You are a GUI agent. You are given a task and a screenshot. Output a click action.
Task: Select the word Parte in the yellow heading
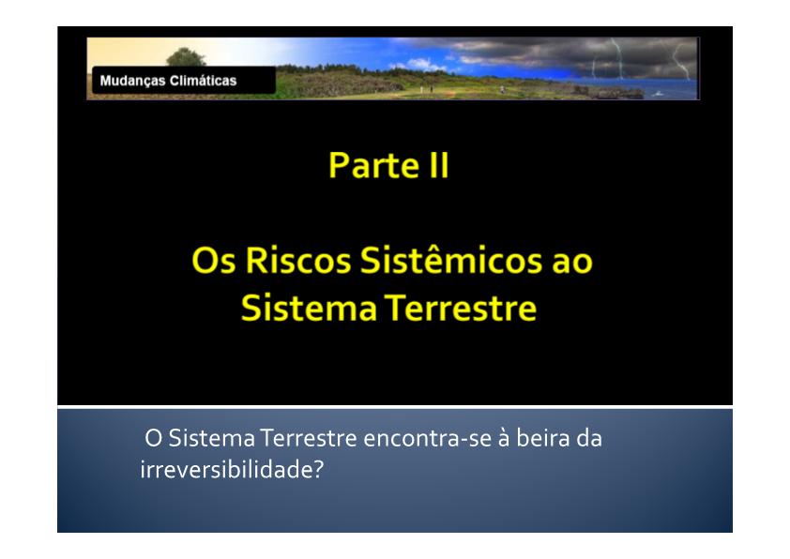(x=373, y=165)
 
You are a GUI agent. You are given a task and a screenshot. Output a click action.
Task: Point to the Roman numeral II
(x=439, y=165)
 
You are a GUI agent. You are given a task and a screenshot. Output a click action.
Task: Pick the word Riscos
(x=298, y=261)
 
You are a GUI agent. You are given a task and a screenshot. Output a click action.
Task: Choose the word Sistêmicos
(x=451, y=260)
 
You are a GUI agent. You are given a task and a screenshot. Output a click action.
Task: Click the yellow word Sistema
(x=309, y=308)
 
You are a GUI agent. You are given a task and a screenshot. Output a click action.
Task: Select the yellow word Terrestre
(x=461, y=308)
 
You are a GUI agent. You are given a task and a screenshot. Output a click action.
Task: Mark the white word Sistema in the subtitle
(x=212, y=438)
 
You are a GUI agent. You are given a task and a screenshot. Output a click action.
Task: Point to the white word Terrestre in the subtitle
(x=309, y=438)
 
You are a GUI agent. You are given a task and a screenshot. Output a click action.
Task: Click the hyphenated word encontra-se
(x=427, y=438)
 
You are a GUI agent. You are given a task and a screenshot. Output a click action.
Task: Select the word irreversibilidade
(x=226, y=469)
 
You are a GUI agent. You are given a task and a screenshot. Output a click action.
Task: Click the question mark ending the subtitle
(x=318, y=470)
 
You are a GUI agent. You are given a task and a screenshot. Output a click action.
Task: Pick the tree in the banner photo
(x=186, y=57)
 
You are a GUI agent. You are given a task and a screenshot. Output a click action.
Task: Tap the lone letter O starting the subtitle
(x=153, y=438)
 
